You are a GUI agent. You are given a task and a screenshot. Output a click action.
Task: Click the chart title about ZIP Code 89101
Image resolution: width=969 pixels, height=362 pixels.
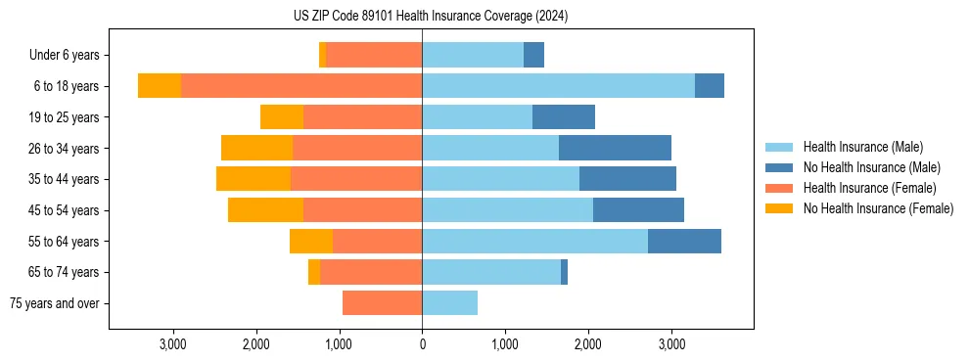click(x=431, y=17)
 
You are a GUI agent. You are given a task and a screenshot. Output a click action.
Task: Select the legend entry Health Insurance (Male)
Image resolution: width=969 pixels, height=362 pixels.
click(x=862, y=147)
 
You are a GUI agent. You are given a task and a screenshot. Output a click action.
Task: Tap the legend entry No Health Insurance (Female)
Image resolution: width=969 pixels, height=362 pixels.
click(x=878, y=208)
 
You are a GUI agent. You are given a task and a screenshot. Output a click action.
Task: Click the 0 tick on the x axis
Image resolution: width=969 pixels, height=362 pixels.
click(x=422, y=344)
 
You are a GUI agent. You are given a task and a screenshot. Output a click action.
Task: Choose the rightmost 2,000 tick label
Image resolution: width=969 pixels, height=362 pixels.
click(x=588, y=344)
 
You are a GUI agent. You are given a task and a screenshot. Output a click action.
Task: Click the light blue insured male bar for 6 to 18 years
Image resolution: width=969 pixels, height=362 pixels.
click(x=558, y=86)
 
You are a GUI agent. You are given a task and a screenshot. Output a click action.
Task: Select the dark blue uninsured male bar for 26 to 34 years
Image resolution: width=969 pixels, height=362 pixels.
click(x=615, y=148)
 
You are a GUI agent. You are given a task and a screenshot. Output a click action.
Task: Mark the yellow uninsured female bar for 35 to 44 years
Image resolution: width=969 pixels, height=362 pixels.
click(x=254, y=179)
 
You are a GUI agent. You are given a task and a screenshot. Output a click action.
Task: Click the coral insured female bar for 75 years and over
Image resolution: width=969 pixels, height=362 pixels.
click(x=382, y=303)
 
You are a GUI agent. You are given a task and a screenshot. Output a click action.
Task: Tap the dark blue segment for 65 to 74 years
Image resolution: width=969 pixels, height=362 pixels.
click(x=565, y=272)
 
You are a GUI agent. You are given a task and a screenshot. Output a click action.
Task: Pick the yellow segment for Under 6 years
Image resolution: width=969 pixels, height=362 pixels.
click(x=323, y=56)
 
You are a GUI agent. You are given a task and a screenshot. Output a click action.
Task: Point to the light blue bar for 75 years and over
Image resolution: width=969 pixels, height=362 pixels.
click(x=449, y=303)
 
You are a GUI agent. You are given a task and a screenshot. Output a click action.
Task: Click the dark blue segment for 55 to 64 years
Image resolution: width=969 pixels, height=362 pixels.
click(x=684, y=241)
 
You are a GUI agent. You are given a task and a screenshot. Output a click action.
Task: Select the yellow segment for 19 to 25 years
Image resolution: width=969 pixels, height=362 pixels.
click(x=282, y=117)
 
